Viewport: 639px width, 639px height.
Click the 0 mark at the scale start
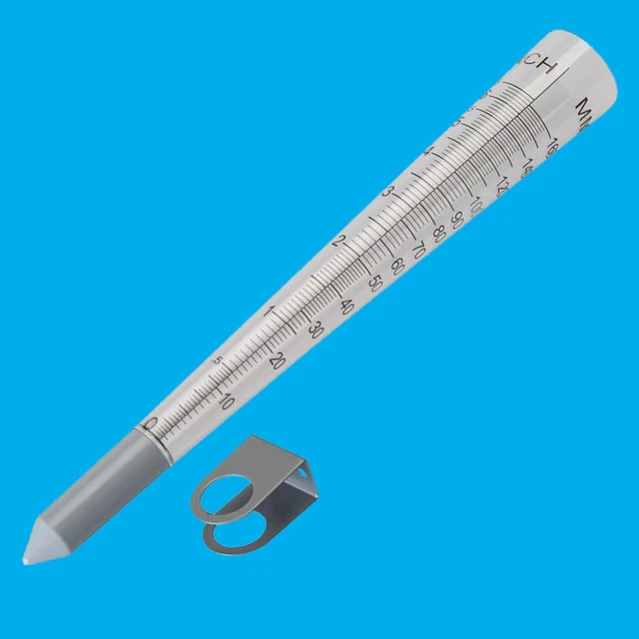tap(151, 424)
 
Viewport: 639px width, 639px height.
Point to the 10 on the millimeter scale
tap(227, 402)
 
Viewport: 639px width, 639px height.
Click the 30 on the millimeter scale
tap(316, 330)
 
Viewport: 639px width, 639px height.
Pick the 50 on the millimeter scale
tap(375, 282)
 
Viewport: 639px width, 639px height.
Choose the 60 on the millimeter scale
tap(397, 265)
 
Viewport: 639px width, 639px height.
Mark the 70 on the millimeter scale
tap(418, 250)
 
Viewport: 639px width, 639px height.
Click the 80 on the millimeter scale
tap(439, 233)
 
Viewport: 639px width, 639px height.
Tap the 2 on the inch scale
tap(339, 242)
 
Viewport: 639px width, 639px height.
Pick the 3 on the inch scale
tap(388, 192)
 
